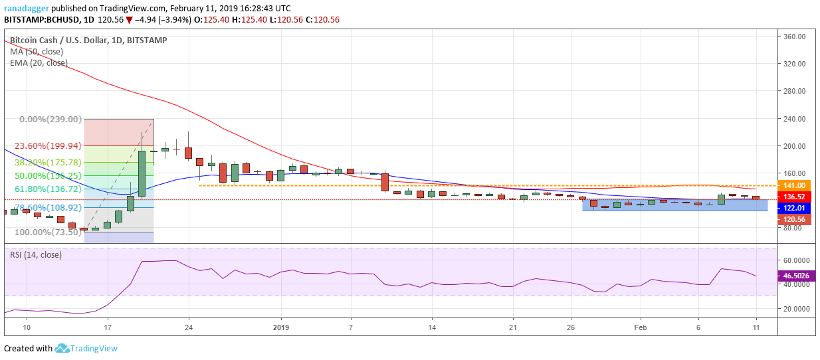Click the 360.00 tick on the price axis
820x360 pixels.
(x=795, y=37)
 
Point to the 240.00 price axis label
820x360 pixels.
(x=795, y=119)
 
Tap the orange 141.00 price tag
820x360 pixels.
(x=794, y=185)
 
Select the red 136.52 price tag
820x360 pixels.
(x=794, y=197)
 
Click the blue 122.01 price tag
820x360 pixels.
(x=794, y=208)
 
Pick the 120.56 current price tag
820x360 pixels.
(x=794, y=219)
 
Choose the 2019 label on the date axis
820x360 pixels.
(x=281, y=327)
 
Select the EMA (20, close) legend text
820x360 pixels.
(x=39, y=63)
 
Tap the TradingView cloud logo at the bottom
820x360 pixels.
(x=62, y=348)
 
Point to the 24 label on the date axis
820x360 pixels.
(x=189, y=327)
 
